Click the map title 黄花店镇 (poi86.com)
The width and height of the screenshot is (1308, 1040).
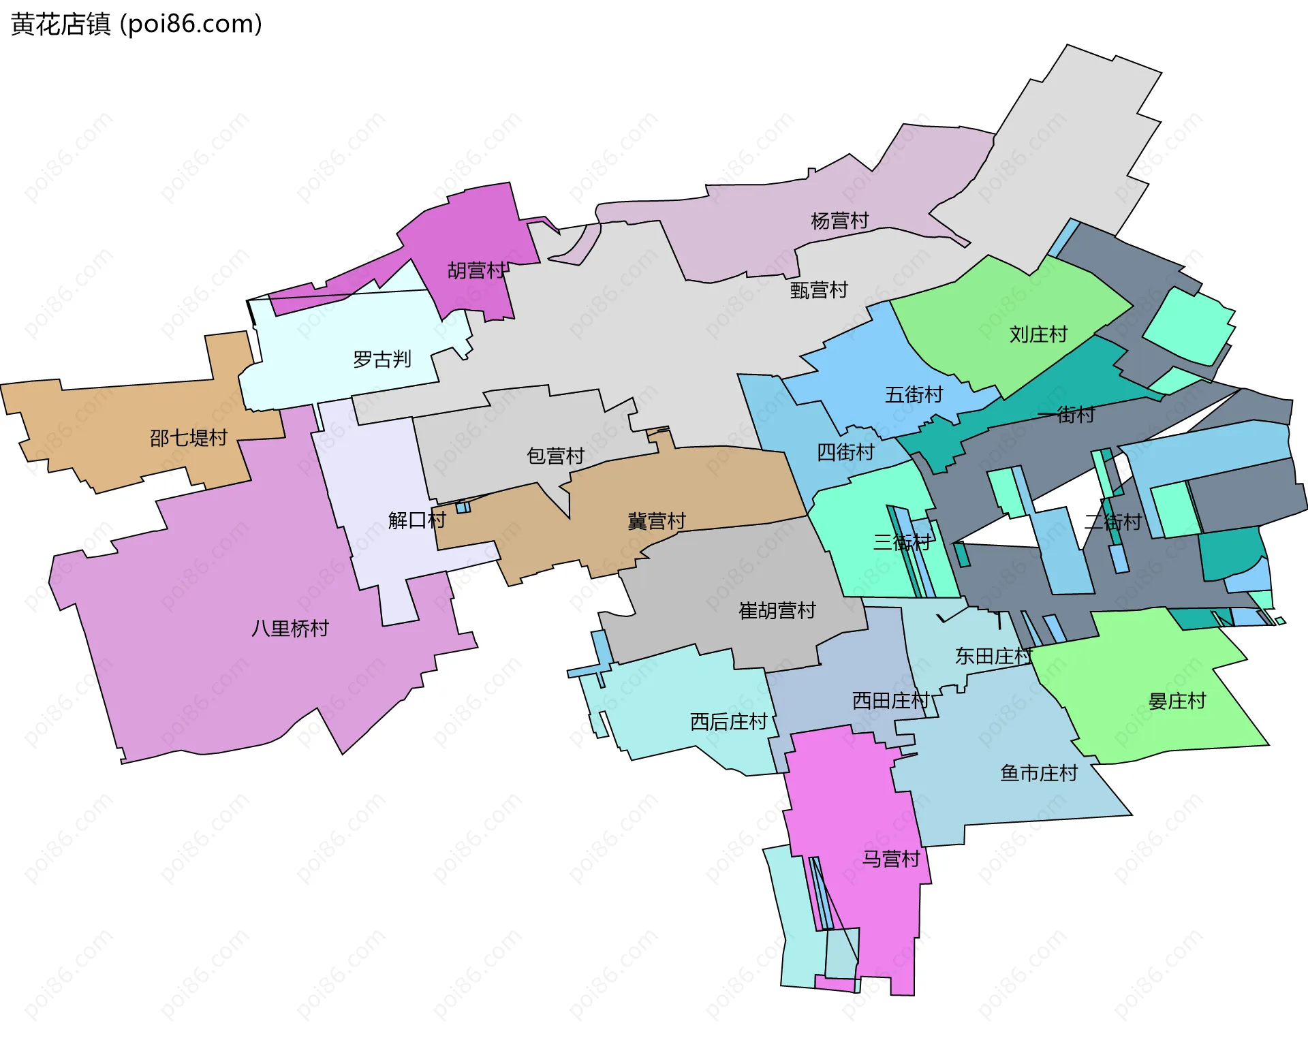pyautogui.click(x=136, y=25)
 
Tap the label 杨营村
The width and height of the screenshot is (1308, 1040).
pyautogui.click(x=839, y=221)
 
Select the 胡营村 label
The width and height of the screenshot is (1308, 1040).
pyautogui.click(x=477, y=270)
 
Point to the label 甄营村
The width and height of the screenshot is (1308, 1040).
pyautogui.click(x=819, y=290)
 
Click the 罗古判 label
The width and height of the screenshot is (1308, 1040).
pyautogui.click(x=382, y=359)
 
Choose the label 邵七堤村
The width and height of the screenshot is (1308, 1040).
pyautogui.click(x=189, y=437)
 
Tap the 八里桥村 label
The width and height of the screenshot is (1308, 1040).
pyautogui.click(x=290, y=628)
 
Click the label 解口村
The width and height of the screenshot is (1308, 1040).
pyautogui.click(x=417, y=520)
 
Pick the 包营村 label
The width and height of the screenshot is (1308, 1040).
pyautogui.click(x=556, y=456)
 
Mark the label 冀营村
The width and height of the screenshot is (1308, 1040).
pyautogui.click(x=657, y=521)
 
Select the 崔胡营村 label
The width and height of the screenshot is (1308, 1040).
pyautogui.click(x=777, y=610)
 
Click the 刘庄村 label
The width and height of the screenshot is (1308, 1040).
pyautogui.click(x=1038, y=334)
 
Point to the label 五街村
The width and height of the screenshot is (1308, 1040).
pyautogui.click(x=914, y=394)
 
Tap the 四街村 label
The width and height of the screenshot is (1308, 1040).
pyautogui.click(x=845, y=452)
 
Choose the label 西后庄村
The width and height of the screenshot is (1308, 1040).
pyautogui.click(x=729, y=721)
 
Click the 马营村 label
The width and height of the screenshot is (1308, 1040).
pyautogui.click(x=891, y=859)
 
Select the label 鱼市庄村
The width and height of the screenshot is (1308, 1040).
pyautogui.click(x=1039, y=773)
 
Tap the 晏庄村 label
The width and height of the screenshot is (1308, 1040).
pyautogui.click(x=1177, y=701)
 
